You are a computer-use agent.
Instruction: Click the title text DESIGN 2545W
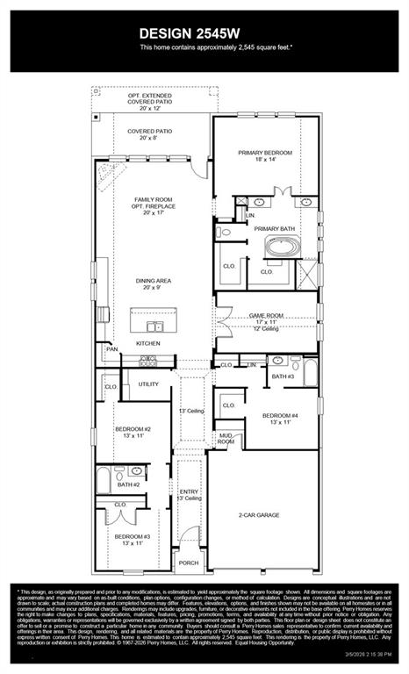click(x=204, y=32)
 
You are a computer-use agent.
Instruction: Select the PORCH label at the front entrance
click(x=189, y=563)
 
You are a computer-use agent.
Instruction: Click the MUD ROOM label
click(x=226, y=439)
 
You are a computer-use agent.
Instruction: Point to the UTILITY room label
click(x=148, y=384)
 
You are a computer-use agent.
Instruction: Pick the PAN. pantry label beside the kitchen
click(x=111, y=349)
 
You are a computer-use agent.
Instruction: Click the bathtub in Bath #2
click(x=104, y=481)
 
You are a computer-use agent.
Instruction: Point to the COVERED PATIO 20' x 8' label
click(x=149, y=133)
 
